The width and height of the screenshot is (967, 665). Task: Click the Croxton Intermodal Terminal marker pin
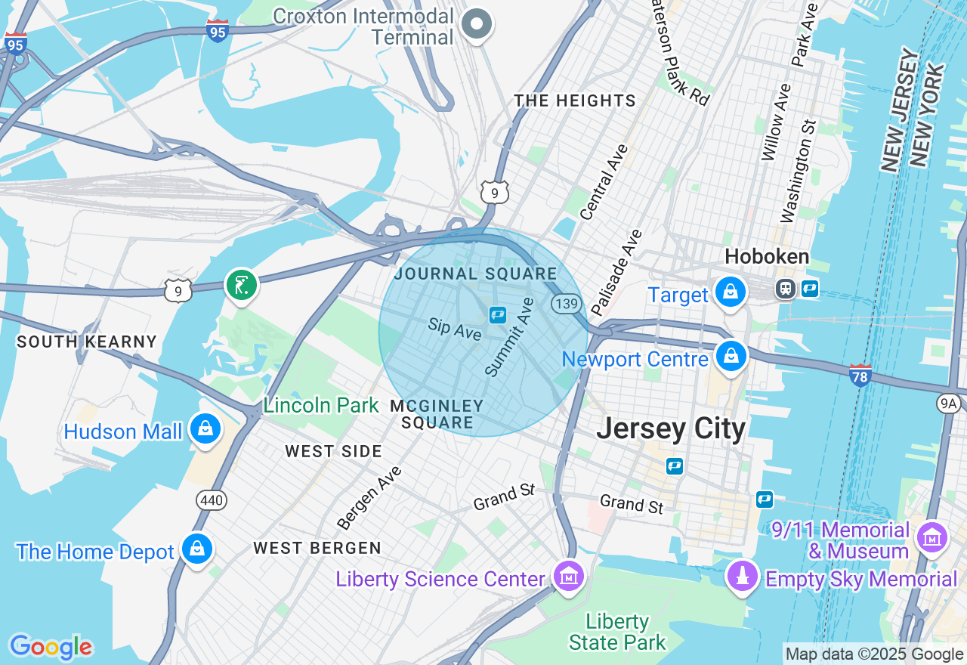(477, 24)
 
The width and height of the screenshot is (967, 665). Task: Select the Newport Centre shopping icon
(731, 357)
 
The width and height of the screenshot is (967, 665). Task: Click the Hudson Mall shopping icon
(205, 428)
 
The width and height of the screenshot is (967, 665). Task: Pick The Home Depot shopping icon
(197, 549)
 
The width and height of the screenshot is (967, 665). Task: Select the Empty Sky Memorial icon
(742, 576)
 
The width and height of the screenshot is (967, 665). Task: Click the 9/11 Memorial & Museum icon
(931, 537)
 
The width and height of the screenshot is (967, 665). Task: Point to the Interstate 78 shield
(860, 375)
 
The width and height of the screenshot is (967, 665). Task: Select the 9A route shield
(949, 404)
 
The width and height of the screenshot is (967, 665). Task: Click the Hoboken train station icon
(786, 289)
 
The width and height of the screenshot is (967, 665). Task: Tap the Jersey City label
(671, 428)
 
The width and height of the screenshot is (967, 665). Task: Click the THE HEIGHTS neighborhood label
(575, 101)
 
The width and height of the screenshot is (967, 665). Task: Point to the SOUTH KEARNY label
(87, 342)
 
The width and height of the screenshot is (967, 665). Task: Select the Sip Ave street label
(454, 329)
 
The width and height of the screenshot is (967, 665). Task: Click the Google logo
(51, 647)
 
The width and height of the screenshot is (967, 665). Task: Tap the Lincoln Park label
(321, 405)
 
